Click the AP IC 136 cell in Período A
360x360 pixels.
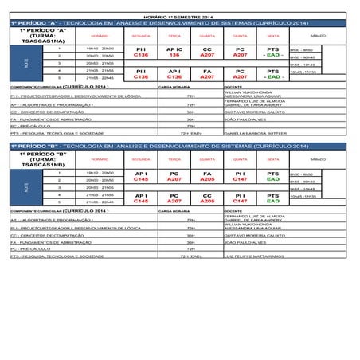(x=174, y=53)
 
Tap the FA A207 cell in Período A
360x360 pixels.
(x=207, y=74)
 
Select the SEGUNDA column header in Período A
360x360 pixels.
(x=141, y=36)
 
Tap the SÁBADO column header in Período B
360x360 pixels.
(x=317, y=159)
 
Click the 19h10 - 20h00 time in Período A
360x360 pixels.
(x=100, y=49)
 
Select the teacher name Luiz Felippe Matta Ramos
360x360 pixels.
(x=255, y=256)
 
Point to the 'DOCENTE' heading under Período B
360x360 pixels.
(x=234, y=211)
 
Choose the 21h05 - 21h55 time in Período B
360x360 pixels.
(x=100, y=194)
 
